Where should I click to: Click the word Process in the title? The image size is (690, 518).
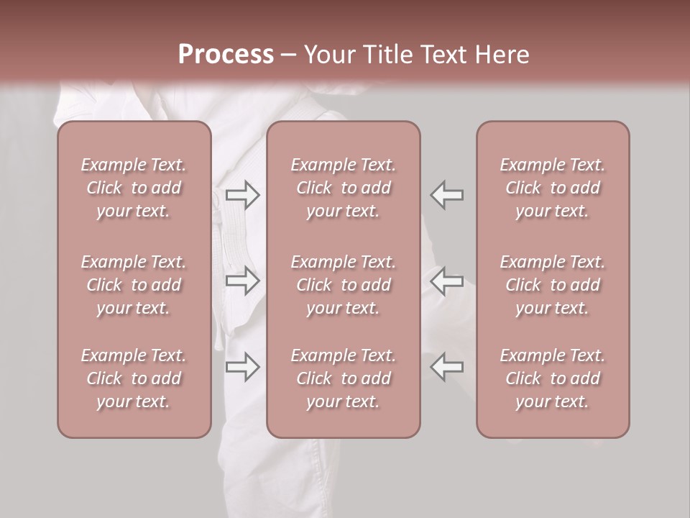point(226,55)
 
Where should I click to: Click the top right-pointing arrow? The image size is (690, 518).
point(243,194)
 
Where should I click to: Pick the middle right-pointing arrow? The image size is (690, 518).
point(243,281)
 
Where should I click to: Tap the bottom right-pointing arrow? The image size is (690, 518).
point(243,367)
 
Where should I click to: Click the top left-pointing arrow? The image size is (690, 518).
point(446,194)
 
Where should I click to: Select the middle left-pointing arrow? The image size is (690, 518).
point(446,281)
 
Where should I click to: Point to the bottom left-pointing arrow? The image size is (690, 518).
point(446,367)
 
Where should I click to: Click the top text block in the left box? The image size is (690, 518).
point(134,188)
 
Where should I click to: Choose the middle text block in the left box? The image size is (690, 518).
point(134,285)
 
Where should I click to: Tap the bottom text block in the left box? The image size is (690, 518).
point(134,378)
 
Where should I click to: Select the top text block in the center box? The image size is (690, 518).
point(343,188)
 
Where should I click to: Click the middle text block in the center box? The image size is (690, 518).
point(343,285)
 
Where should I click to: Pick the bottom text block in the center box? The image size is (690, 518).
point(343,378)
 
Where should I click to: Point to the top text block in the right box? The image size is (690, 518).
point(553,188)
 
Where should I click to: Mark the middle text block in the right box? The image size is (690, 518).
point(553,285)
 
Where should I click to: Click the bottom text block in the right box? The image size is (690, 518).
point(553,378)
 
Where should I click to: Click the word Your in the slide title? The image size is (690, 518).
point(328,55)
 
